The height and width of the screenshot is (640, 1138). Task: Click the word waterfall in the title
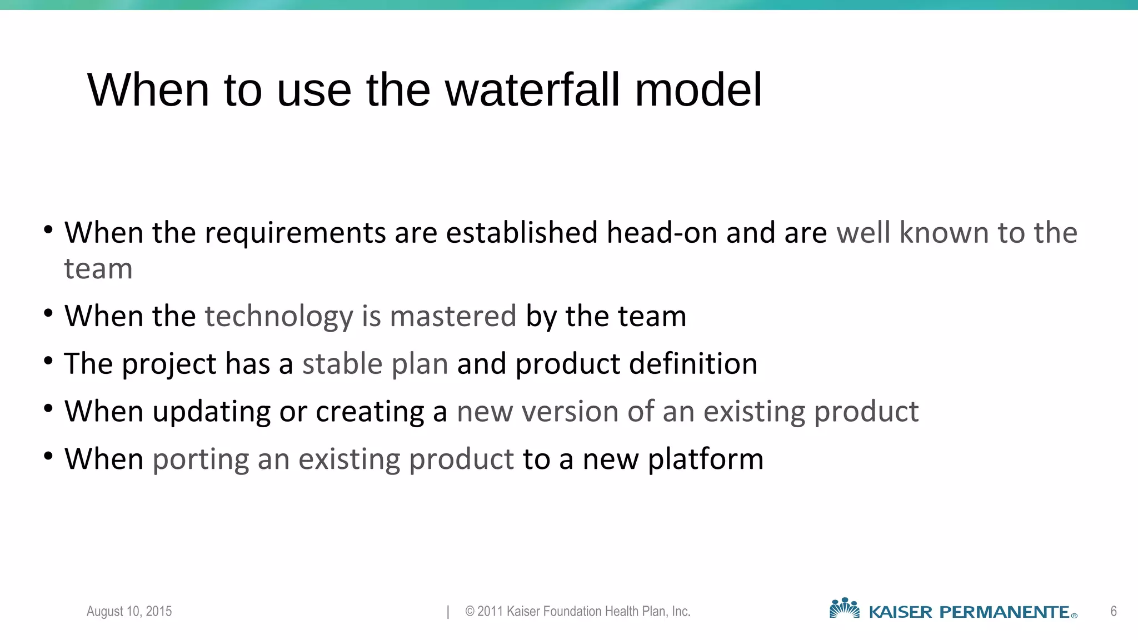(532, 90)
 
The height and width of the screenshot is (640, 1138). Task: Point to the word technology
(279, 317)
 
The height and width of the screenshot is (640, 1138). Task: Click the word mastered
(453, 317)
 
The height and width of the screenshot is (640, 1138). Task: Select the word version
(570, 412)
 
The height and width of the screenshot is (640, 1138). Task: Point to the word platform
(706, 460)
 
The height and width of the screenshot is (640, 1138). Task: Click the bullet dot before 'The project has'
(48, 362)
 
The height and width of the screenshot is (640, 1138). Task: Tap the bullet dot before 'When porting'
(48, 457)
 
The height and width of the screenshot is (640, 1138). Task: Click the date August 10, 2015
(129, 612)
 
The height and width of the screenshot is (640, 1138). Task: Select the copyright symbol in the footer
(470, 612)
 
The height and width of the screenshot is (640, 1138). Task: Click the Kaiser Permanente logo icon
(844, 609)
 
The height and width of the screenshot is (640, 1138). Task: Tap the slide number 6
(1114, 612)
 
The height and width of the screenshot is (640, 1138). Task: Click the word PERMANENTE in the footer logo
(1004, 612)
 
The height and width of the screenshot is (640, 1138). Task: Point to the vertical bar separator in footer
(448, 612)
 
